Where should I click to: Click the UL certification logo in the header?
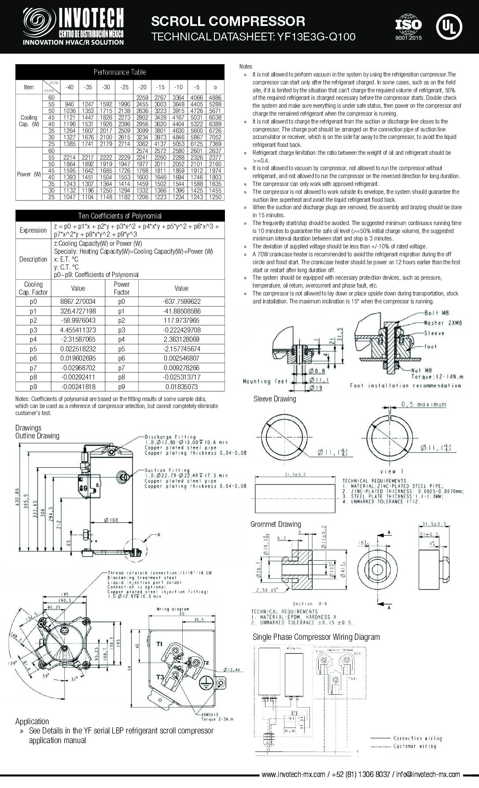point(449,27)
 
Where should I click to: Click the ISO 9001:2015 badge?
point(408,28)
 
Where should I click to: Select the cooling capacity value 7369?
point(215,144)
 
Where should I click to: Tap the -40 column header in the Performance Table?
point(69,87)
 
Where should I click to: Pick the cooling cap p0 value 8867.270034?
point(78,302)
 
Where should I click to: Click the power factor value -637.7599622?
point(181,302)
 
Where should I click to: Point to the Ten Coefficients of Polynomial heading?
point(120,216)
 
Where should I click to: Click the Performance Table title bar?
point(120,72)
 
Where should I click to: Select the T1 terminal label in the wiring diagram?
point(159,645)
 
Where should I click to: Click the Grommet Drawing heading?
point(276,524)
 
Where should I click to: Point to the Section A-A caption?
point(310,604)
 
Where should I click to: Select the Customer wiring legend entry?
point(414,746)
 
